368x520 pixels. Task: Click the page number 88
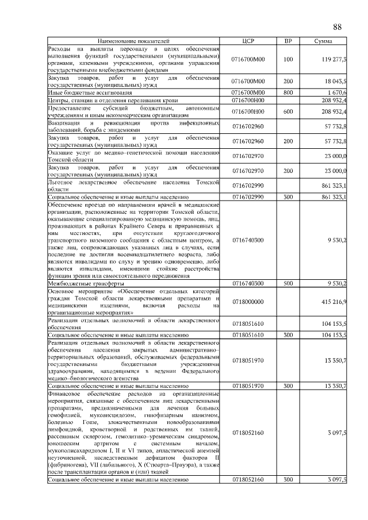(338, 27)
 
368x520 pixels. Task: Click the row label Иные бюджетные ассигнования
(90, 92)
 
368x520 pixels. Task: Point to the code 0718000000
(247, 301)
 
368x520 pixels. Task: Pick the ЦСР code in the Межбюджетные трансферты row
(247, 283)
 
